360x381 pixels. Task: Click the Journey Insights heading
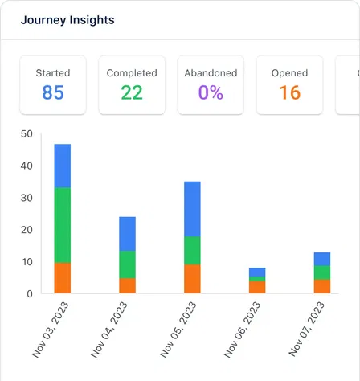tap(67, 19)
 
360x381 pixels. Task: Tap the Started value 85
tap(53, 92)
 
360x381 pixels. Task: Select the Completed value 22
tap(132, 92)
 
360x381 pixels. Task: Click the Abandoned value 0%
tap(211, 92)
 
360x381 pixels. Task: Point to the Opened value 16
tap(289, 92)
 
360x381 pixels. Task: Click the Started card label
tap(53, 73)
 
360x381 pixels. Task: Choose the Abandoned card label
tap(211, 73)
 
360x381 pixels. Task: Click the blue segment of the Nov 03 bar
tap(63, 166)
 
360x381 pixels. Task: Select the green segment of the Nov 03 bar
tap(63, 225)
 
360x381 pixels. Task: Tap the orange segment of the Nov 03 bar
tap(63, 278)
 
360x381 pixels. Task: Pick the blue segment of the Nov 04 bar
tap(127, 234)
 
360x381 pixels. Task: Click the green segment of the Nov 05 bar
tap(192, 251)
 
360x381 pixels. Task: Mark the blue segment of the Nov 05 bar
tap(192, 209)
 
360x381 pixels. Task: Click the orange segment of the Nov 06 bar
tap(257, 287)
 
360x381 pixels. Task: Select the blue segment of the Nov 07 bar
tap(321, 259)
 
